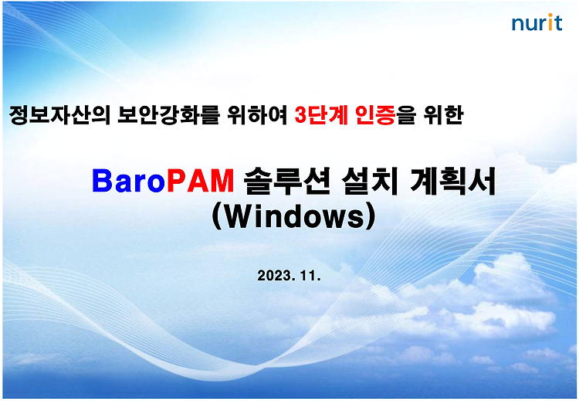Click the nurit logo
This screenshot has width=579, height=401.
tap(537, 22)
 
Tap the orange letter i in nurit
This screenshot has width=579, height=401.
tap(550, 22)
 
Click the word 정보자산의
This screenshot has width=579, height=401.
tap(59, 115)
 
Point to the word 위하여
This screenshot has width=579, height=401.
tap(257, 115)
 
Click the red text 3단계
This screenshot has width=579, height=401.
tap(321, 115)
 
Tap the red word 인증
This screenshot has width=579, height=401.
tap(374, 115)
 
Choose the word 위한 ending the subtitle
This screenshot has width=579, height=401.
tap(443, 115)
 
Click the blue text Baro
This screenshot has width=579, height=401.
tap(128, 181)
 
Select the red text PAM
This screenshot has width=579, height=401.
tap(200, 181)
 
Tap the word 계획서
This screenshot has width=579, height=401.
tap(452, 181)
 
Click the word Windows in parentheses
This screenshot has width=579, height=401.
tap(293, 216)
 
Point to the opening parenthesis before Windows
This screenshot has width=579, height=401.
tap(217, 217)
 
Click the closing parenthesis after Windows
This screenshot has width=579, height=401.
tap(371, 217)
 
